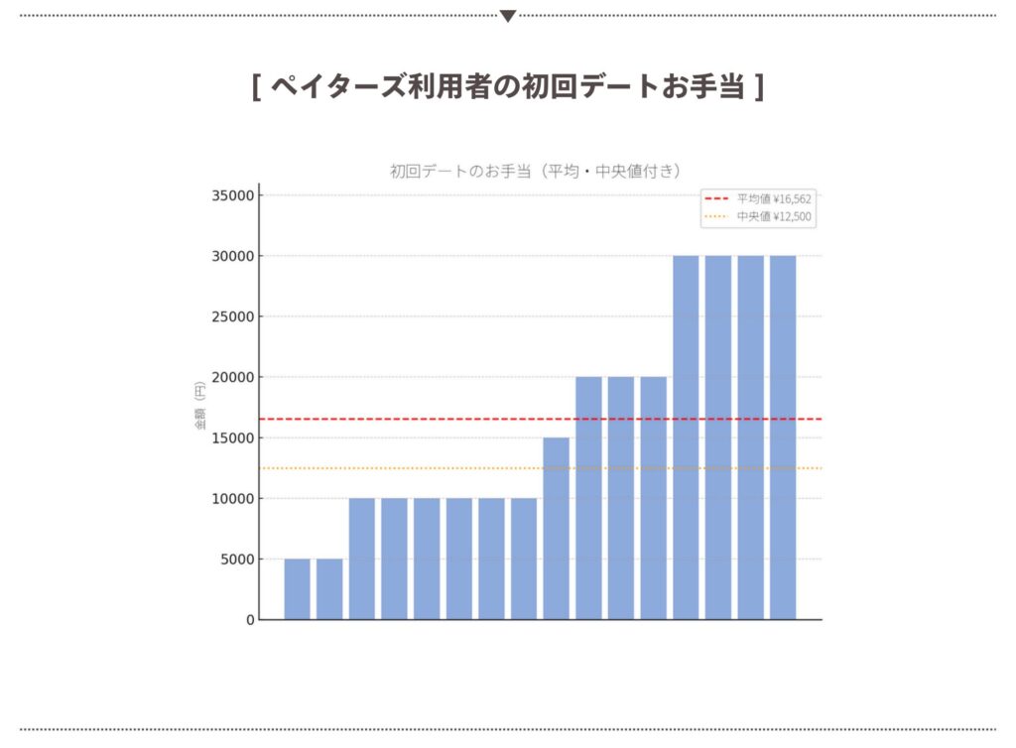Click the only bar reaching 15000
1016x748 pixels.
point(556,528)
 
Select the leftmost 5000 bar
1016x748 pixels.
point(297,589)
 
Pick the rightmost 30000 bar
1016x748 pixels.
point(783,436)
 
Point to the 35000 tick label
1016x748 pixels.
point(233,195)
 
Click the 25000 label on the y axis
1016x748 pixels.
point(233,316)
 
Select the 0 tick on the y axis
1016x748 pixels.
point(250,620)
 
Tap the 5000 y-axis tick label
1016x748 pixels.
point(237,560)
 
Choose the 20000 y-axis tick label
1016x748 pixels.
point(233,377)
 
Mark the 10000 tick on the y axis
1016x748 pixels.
point(233,498)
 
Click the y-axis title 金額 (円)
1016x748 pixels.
point(200,407)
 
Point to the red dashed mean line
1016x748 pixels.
point(417,419)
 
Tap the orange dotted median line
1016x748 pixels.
point(417,468)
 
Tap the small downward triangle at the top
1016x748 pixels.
point(508,16)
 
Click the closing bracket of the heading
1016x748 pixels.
point(759,87)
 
